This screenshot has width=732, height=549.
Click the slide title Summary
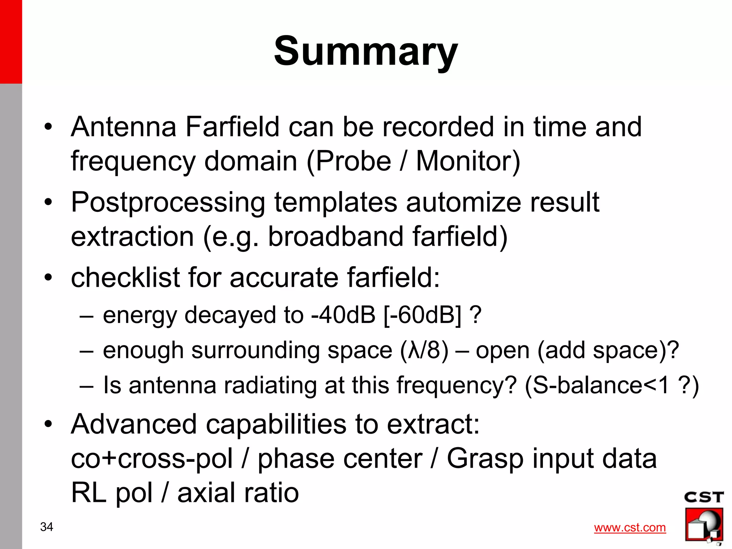(366, 51)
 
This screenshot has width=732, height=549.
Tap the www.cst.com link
(630, 528)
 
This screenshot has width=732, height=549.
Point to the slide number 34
(47, 527)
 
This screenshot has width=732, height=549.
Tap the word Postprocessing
(168, 203)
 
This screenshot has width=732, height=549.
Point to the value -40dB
(343, 315)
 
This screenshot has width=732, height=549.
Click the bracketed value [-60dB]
(422, 315)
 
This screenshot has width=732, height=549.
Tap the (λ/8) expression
(424, 350)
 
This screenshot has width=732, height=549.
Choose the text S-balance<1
(608, 386)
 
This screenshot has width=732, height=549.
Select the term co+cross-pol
(152, 459)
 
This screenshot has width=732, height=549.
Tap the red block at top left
(11, 41)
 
